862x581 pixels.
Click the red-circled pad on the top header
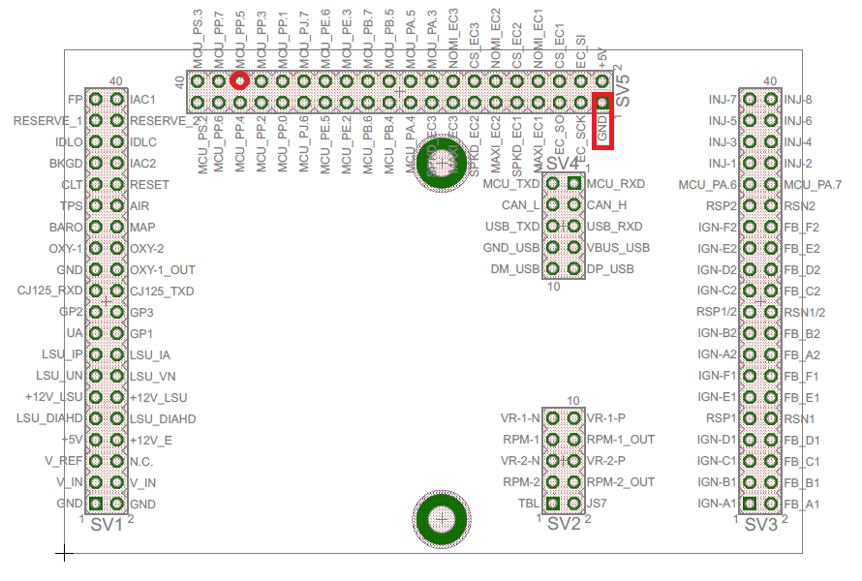pyautogui.click(x=239, y=81)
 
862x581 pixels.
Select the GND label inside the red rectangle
pyautogui.click(x=602, y=129)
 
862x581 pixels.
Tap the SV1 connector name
pyautogui.click(x=107, y=525)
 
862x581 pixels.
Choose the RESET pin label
pyautogui.click(x=149, y=184)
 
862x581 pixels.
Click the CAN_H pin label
pyautogui.click(x=607, y=205)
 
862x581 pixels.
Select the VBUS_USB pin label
pyautogui.click(x=618, y=248)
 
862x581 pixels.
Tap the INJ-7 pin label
pyautogui.click(x=723, y=100)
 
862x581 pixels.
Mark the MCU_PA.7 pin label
pyautogui.click(x=813, y=184)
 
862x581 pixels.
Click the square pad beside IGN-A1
pyautogui.click(x=750, y=504)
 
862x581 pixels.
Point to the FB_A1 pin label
pyautogui.click(x=801, y=504)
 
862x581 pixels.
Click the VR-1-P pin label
pyautogui.click(x=607, y=418)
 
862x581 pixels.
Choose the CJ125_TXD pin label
pyautogui.click(x=162, y=290)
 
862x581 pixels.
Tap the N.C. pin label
pyautogui.click(x=141, y=462)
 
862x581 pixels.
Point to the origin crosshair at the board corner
pyautogui.click(x=64, y=554)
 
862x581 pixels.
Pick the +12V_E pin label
pyautogui.click(x=151, y=440)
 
